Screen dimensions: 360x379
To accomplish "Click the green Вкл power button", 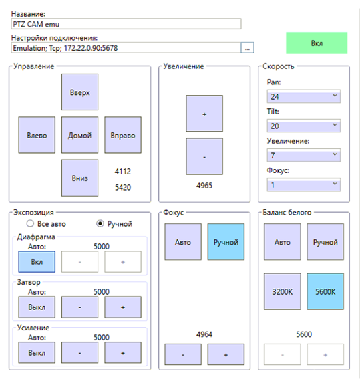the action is [317, 43].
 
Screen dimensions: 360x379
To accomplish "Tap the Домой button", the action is [79, 135].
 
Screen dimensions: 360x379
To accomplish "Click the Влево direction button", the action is [37, 135].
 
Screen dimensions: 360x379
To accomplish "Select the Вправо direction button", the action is [123, 135].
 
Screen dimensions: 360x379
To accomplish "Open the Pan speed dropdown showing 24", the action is [304, 96].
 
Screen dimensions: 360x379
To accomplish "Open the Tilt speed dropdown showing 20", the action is [304, 126].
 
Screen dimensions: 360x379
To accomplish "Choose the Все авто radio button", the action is [30, 223].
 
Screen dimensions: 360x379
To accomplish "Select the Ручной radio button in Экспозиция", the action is [100, 223].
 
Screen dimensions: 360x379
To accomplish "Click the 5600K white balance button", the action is [325, 291].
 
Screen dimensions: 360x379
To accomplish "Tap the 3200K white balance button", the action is [283, 291].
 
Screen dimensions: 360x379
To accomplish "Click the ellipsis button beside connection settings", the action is [247, 48].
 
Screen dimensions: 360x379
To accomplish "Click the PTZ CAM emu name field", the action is [126, 24].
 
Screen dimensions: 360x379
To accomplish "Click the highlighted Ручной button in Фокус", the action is [226, 242].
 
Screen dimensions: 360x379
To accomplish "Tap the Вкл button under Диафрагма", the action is [37, 262].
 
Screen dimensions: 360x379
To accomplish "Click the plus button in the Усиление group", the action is [123, 353].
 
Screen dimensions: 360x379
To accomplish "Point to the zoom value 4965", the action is [204, 186].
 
